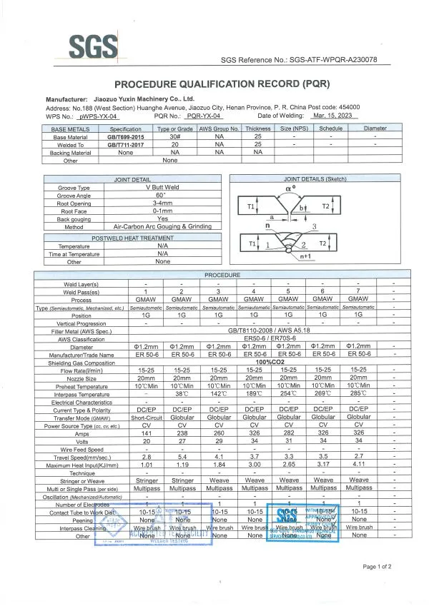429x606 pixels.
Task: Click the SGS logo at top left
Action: (92, 48)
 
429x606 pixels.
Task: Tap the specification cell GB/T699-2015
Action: (125, 136)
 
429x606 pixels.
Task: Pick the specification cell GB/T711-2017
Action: (125, 144)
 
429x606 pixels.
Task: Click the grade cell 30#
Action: (175, 136)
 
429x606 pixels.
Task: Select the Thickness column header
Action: (258, 128)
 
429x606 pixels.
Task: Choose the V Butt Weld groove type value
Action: (162, 187)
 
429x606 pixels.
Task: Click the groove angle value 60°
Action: (162, 195)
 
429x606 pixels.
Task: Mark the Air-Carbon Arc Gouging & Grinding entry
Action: (162, 226)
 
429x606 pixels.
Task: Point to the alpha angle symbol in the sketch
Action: (290, 188)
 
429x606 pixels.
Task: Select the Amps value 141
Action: (146, 433)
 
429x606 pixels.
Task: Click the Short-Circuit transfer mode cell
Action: (146, 417)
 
